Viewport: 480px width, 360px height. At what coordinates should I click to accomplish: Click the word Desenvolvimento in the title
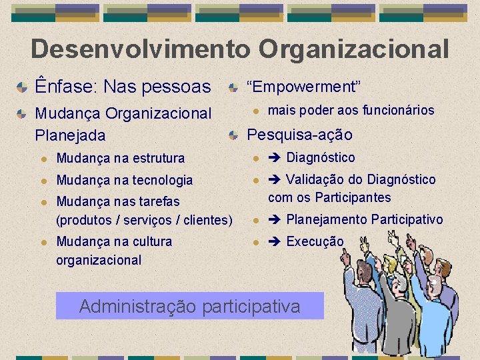(x=141, y=49)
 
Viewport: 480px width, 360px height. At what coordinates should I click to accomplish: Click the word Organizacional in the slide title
(x=354, y=49)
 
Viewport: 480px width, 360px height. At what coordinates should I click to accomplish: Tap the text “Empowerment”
(x=303, y=87)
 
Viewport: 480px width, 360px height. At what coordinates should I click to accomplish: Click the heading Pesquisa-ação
(x=299, y=135)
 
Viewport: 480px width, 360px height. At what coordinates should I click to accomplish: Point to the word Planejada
(x=70, y=135)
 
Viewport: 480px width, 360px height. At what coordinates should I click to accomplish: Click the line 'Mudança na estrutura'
(x=121, y=158)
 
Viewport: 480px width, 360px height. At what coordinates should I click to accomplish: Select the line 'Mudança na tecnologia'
(x=125, y=180)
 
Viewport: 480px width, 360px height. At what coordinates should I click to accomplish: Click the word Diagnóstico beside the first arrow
(x=321, y=158)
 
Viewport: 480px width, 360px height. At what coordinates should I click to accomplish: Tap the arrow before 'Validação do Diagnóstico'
(x=275, y=180)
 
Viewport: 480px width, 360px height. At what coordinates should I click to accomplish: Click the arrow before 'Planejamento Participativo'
(x=275, y=220)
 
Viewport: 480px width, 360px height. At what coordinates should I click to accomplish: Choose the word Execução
(x=315, y=242)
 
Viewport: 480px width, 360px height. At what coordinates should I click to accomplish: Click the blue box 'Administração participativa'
(x=190, y=307)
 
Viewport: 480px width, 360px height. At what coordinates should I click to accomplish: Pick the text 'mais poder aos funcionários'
(x=351, y=111)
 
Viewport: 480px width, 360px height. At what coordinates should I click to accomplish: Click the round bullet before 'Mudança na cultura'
(x=43, y=242)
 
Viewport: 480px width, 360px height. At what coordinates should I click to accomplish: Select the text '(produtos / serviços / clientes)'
(x=145, y=220)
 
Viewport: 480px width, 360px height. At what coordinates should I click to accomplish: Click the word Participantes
(x=353, y=198)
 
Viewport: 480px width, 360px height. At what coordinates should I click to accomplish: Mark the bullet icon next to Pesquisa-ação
(x=233, y=135)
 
